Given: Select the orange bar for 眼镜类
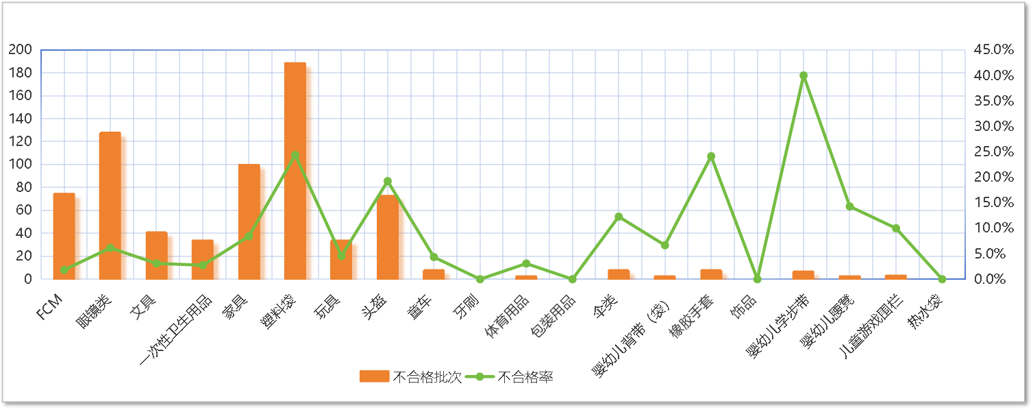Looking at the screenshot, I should [x=113, y=206].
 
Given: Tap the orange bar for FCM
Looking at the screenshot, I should [x=67, y=237].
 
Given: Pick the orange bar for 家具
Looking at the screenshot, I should [x=252, y=222].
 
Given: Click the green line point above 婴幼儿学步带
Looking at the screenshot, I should [x=804, y=75].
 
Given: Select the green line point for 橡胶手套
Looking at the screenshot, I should [x=711, y=156].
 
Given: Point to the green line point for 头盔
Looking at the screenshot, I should [x=388, y=181].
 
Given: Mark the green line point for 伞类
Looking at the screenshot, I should [x=619, y=216].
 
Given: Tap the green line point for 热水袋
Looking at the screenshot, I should [x=942, y=279].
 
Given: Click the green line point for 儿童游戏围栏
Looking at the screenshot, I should [x=896, y=228].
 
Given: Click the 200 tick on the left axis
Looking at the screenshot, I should [x=21, y=50].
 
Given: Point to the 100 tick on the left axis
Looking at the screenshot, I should [x=21, y=165].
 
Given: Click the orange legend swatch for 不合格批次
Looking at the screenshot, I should [x=375, y=376].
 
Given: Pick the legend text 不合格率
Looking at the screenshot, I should [x=525, y=376].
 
